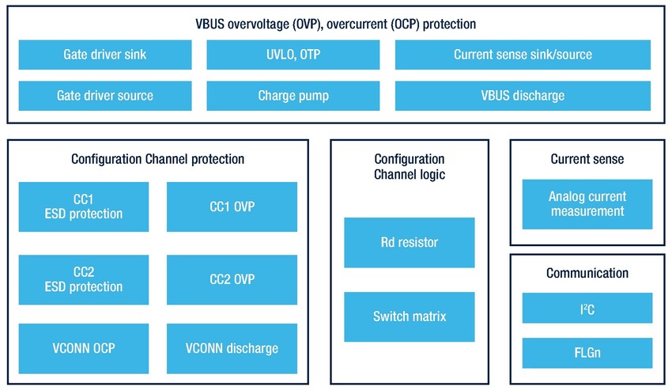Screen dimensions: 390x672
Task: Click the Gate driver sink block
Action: tap(104, 55)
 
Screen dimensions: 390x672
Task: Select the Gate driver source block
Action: tap(104, 96)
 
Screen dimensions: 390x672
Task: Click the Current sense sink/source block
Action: tap(523, 55)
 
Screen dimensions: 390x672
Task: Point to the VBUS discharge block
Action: tap(523, 96)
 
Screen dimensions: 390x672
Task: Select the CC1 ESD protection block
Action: tap(83, 206)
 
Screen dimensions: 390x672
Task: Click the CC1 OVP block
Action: tap(232, 206)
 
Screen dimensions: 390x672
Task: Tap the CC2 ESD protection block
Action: tap(83, 279)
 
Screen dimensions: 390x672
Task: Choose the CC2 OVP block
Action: tap(232, 279)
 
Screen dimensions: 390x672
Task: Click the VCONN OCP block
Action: tap(83, 348)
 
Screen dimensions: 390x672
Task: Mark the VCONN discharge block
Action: tap(232, 348)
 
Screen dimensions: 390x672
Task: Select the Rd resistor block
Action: tap(410, 242)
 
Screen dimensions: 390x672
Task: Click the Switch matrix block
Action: tap(410, 316)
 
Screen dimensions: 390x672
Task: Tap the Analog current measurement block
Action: tap(587, 204)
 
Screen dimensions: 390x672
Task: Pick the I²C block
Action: tap(587, 308)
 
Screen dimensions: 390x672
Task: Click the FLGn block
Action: tap(587, 353)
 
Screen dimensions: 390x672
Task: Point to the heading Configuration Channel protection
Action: tap(157, 159)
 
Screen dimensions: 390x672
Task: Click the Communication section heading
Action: tap(587, 273)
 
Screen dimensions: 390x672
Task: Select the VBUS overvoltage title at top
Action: tap(335, 24)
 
